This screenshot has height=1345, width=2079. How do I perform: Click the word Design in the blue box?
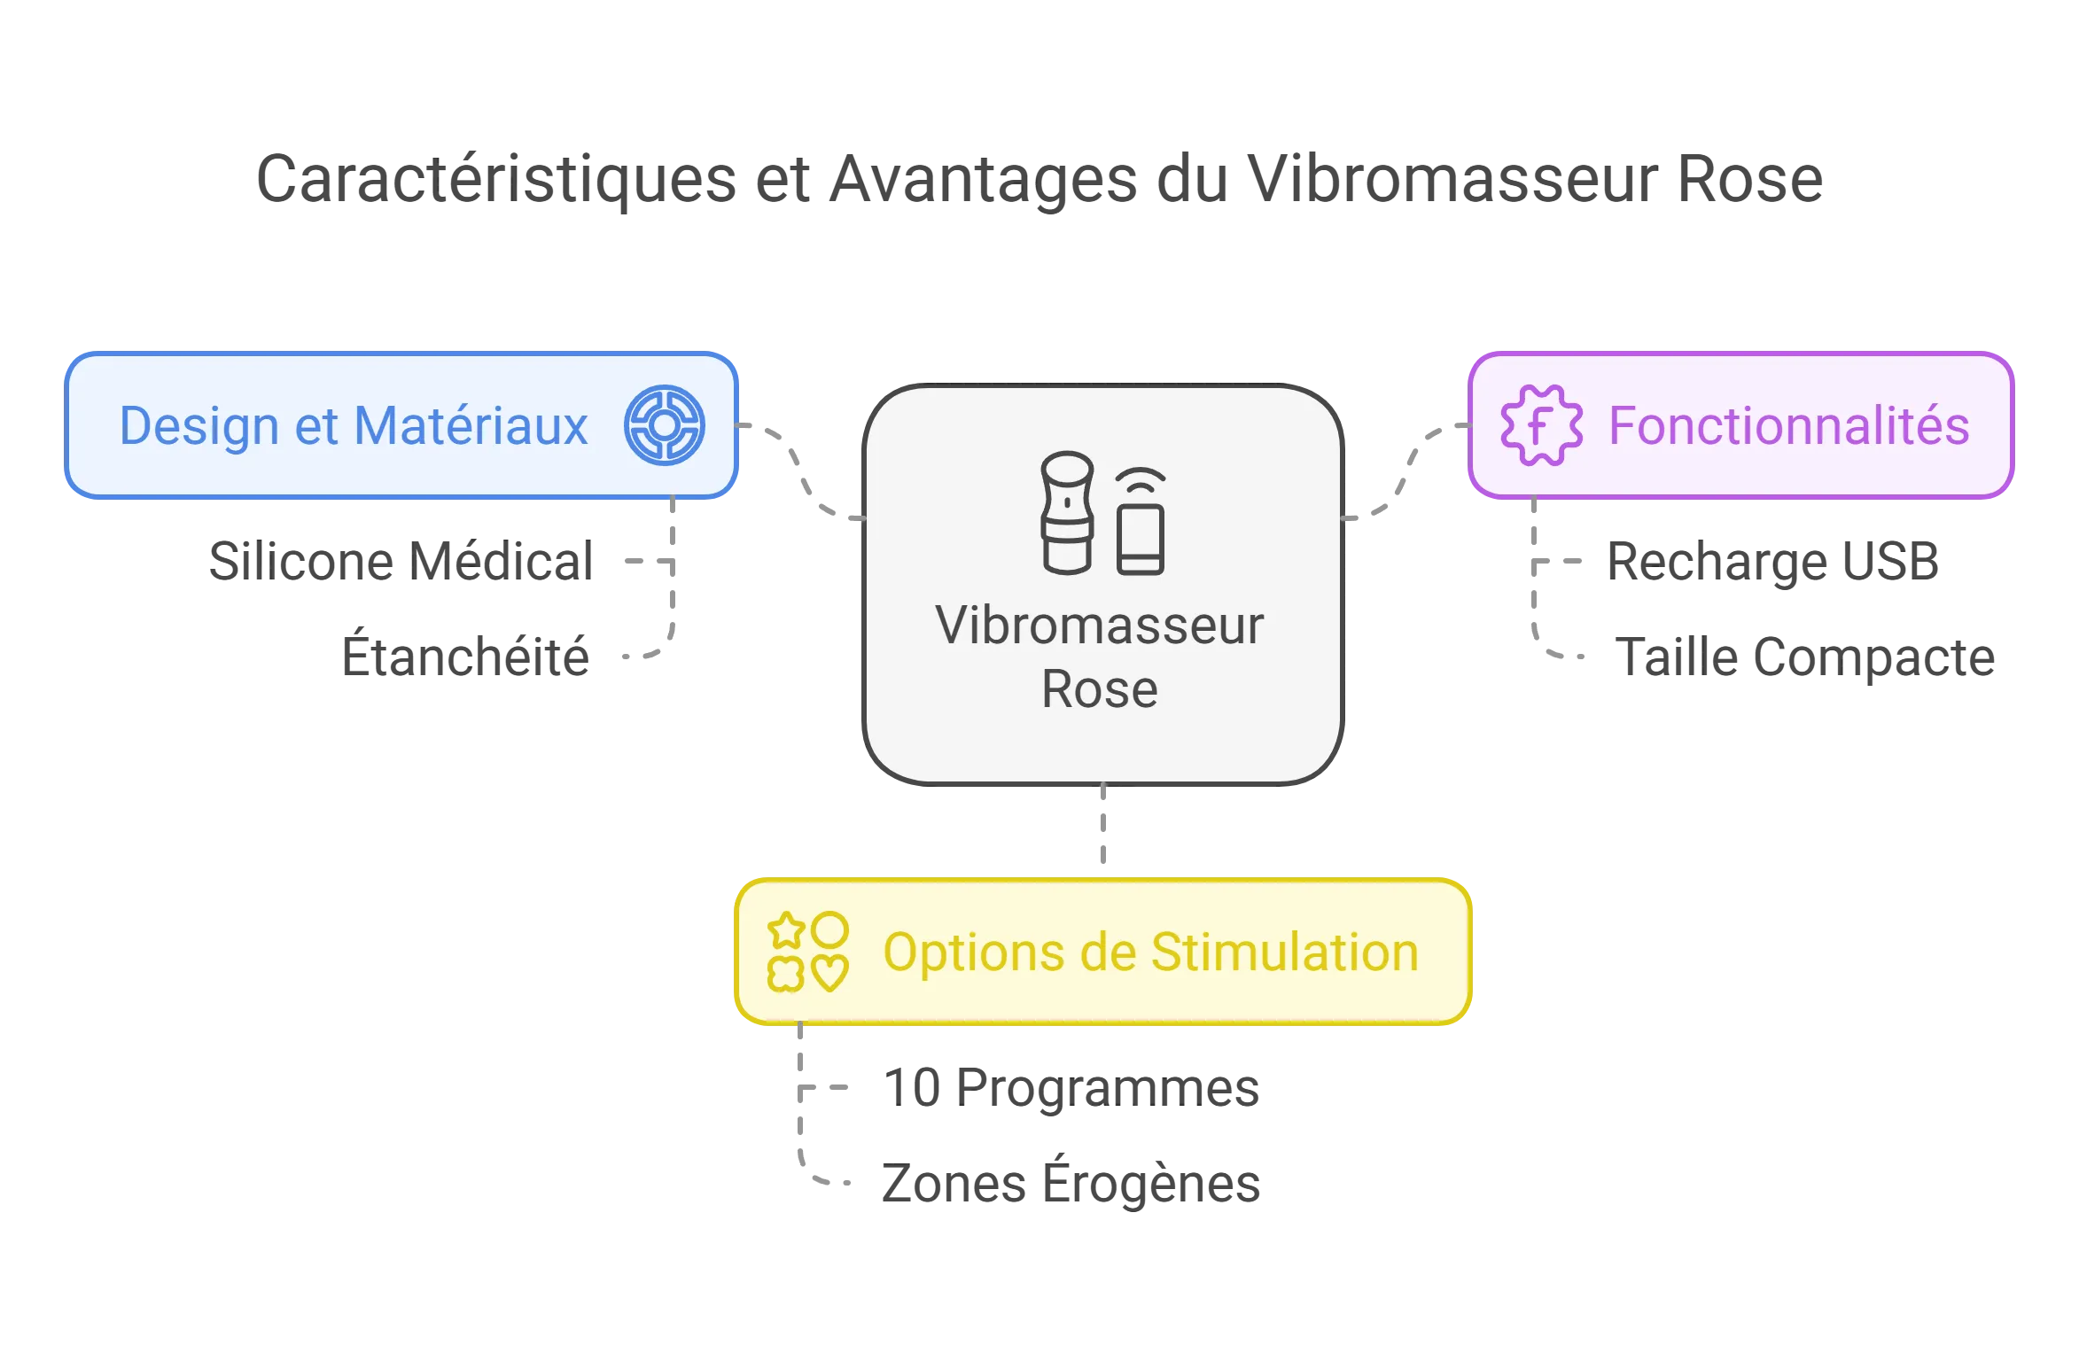tap(199, 426)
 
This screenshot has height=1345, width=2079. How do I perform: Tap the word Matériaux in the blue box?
tap(471, 426)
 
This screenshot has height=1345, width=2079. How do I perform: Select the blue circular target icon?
tap(665, 425)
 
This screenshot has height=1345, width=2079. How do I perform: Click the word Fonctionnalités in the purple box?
tap(1788, 426)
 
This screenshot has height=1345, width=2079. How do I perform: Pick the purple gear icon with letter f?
tap(1541, 425)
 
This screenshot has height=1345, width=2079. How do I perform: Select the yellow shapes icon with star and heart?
tap(807, 952)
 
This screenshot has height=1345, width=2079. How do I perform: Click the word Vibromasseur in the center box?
tap(1099, 626)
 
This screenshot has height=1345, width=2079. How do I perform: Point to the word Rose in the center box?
tap(1099, 689)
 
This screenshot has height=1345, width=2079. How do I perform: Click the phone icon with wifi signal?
tap(1140, 523)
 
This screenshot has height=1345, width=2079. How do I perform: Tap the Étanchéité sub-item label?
tap(464, 657)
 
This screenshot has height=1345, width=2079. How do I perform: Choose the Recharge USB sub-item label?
tap(1775, 562)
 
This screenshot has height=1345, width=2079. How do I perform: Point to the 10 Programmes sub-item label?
tap(1072, 1087)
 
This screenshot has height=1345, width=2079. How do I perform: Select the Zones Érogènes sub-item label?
tap(1071, 1183)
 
